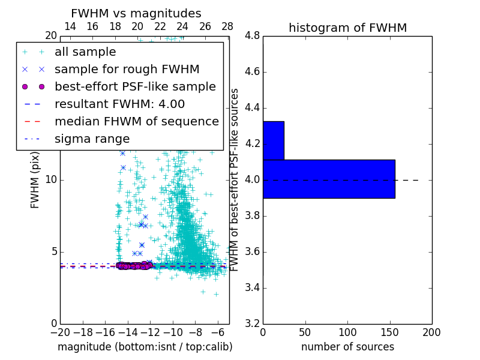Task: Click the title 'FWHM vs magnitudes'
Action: click(x=136, y=13)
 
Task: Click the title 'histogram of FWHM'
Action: click(x=347, y=28)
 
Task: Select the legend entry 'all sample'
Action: click(x=85, y=52)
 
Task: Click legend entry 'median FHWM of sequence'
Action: click(x=136, y=122)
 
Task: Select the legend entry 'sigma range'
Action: click(x=92, y=139)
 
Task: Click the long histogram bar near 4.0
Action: click(x=329, y=179)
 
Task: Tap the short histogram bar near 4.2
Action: click(x=273, y=140)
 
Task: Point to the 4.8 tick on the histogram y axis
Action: click(x=252, y=36)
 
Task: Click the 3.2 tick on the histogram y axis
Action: click(x=252, y=323)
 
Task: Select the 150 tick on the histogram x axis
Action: click(x=389, y=332)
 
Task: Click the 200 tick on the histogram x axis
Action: click(x=431, y=332)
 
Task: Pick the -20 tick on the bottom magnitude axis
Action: click(x=60, y=332)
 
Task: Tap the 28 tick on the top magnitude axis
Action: click(x=227, y=27)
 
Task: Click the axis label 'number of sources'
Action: click(x=347, y=347)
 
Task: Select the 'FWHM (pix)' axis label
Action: click(x=35, y=179)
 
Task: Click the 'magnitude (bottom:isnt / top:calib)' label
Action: click(x=145, y=347)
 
